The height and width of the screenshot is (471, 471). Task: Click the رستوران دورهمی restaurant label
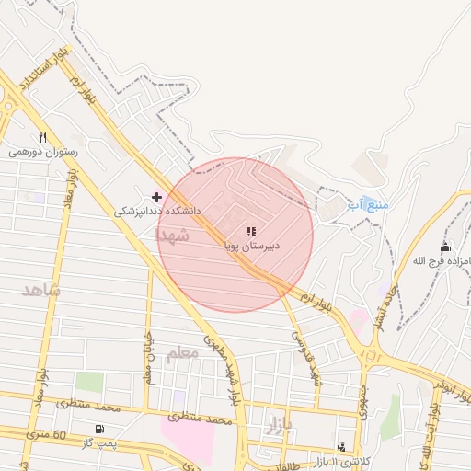[44, 153]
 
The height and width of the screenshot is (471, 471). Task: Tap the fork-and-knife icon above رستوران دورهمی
[43, 138]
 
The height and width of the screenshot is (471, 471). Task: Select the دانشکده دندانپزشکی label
[156, 211]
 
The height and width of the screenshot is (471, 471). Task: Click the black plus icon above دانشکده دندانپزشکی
[156, 196]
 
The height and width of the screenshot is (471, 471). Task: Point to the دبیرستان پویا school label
[251, 246]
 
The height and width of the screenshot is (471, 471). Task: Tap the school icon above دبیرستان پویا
[251, 231]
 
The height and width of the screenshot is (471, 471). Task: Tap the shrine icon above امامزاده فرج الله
[446, 247]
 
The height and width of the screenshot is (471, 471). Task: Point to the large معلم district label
[183, 353]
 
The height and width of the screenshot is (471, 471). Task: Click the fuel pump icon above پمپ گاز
[99, 429]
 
